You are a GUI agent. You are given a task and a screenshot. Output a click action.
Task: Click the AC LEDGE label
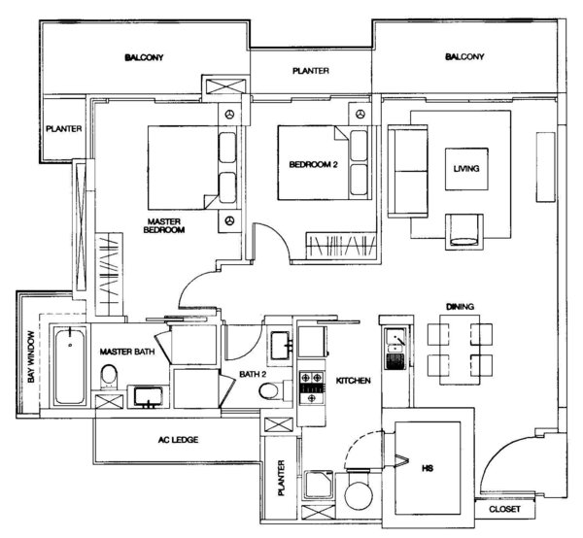tap(178, 440)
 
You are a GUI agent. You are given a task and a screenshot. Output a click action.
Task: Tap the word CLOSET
tap(504, 509)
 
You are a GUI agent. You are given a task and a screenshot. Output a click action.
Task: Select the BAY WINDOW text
tap(31, 356)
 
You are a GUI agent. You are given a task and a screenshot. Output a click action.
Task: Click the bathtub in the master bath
tap(70, 365)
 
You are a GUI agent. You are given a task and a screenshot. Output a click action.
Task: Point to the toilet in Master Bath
tap(109, 376)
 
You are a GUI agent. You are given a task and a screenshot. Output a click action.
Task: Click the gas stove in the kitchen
tap(312, 387)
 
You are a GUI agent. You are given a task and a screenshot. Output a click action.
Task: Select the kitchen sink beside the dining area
tap(395, 349)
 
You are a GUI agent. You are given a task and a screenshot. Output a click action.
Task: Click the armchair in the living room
tap(464, 231)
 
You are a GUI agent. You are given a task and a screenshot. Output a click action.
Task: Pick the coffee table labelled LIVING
tap(466, 169)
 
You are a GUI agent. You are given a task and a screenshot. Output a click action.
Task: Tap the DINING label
tap(460, 307)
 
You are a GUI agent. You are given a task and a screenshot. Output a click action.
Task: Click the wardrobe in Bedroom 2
tap(341, 246)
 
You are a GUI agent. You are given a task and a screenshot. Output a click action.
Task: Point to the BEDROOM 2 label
tap(313, 164)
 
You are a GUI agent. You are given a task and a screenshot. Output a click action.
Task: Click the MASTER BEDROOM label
tap(164, 226)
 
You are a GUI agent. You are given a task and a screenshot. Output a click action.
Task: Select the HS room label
tap(428, 468)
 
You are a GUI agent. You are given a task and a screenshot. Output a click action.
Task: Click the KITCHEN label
tap(354, 381)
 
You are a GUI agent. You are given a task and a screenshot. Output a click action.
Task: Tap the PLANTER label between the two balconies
tap(311, 71)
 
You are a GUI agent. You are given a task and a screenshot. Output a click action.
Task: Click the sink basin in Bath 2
tap(281, 346)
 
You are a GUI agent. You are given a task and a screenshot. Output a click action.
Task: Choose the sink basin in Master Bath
tap(149, 397)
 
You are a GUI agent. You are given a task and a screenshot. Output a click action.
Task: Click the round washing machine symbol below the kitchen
tap(359, 494)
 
